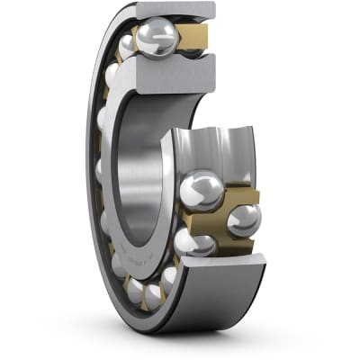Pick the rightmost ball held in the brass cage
pyautogui.click(x=244, y=219)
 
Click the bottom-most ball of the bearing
pyautogui.click(x=156, y=293)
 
